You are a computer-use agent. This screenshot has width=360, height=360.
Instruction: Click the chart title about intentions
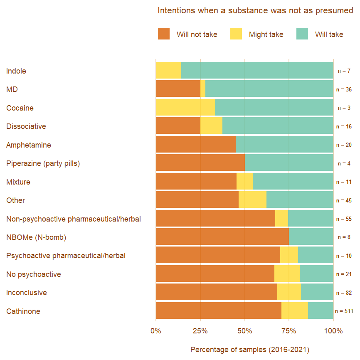coord(255,10)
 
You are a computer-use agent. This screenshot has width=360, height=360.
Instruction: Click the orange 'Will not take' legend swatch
coord(164,34)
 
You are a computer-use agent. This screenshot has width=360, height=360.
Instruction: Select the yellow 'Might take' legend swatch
coord(236,34)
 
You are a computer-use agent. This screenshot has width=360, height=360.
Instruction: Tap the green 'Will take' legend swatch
coord(302,34)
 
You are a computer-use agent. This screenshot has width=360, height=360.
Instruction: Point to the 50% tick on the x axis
coord(244,331)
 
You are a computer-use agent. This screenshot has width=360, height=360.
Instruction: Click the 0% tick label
coord(156,331)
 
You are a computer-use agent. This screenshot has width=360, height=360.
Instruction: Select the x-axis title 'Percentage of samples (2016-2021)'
coord(250,350)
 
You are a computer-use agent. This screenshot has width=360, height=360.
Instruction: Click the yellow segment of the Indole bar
coord(168,71)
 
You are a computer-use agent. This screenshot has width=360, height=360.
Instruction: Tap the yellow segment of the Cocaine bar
coord(185,108)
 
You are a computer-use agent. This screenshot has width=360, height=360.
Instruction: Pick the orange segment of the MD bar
coord(178,89)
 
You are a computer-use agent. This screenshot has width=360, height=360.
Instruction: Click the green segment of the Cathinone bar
coord(321,311)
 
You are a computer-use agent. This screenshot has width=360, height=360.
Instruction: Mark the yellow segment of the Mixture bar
coord(244,182)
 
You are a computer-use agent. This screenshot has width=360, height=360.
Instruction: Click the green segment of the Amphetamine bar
coord(284,145)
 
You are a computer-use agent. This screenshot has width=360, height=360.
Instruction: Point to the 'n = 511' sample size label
coord(344,311)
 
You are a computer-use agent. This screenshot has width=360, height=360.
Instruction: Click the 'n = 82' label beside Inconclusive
coord(344,293)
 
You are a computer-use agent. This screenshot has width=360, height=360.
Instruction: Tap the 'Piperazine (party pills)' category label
coord(43,163)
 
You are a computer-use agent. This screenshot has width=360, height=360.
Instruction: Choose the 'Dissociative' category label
coord(26,126)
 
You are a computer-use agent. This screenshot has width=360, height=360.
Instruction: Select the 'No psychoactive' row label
coord(34,274)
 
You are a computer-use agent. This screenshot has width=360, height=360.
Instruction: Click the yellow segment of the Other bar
coord(252,200)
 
